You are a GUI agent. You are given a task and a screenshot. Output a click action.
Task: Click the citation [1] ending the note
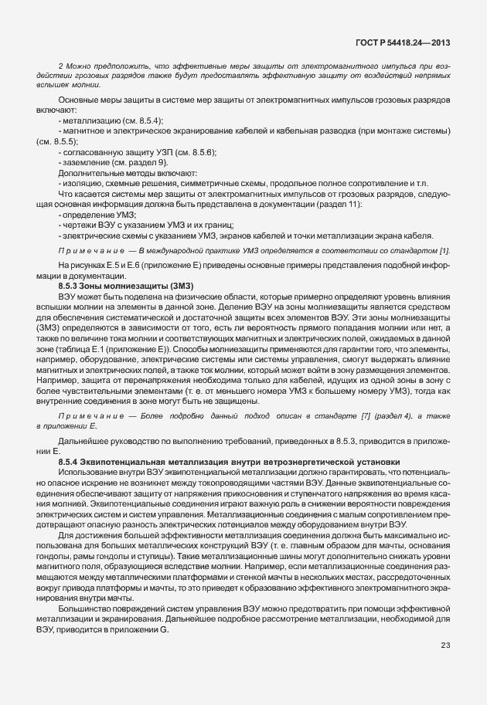point(444,251)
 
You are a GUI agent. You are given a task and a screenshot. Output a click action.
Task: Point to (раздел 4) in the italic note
point(375,416)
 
